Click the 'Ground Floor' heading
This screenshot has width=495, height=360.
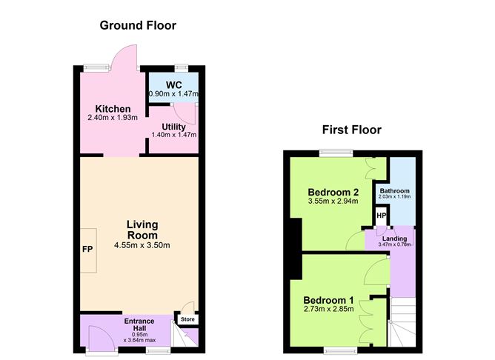pos(138,26)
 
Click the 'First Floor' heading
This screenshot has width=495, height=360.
pos(351,130)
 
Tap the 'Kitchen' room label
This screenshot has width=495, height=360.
pos(107,110)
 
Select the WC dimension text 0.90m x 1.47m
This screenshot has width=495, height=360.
pos(173,94)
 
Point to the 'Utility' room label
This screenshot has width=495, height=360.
pos(173,127)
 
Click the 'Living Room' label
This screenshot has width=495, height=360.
pos(142,230)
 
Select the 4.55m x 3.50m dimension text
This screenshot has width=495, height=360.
pos(142,245)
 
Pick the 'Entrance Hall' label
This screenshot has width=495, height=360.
pos(139,325)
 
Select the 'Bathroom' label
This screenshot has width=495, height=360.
pos(394,191)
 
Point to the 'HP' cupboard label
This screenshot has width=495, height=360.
pos(382,216)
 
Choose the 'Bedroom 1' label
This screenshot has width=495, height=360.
pos(329,300)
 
